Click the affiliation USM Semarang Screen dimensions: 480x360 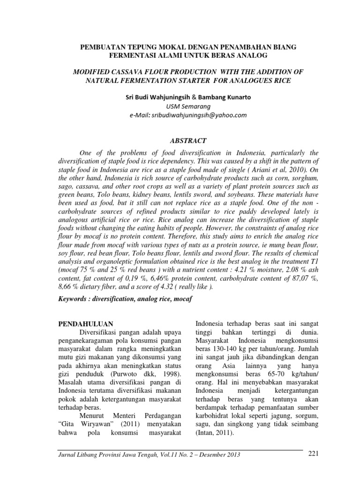click(180, 106)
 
